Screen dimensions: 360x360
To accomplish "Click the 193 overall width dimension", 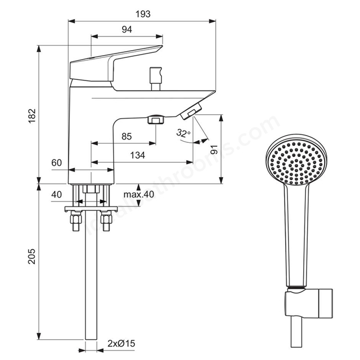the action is tap(143, 14).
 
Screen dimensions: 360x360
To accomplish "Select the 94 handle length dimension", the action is tap(127, 30).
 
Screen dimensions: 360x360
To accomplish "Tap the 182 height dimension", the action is tap(32, 116).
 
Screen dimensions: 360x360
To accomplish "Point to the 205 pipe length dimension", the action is tap(32, 256).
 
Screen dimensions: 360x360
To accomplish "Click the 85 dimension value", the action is tap(127, 136).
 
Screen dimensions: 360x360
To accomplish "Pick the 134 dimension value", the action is tap(138, 155).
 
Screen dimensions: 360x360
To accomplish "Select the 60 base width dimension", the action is tap(57, 163).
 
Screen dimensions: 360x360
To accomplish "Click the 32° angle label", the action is tap(183, 133).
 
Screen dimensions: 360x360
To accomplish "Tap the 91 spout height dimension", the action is tap(214, 150).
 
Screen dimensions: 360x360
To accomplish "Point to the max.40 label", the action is tap(139, 195).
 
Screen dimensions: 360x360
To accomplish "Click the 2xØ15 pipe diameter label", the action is tap(121, 344).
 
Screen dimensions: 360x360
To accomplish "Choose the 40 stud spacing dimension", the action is tap(56, 195).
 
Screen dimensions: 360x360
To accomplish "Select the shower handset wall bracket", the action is tap(309, 303).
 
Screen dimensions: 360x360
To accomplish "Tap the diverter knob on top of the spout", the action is tap(156, 79).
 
